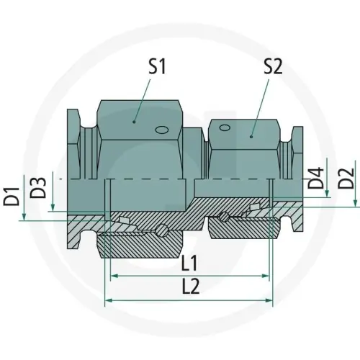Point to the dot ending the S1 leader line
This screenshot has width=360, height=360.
[134, 121]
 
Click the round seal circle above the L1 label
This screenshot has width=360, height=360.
[164, 231]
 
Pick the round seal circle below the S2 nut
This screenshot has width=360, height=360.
[226, 217]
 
